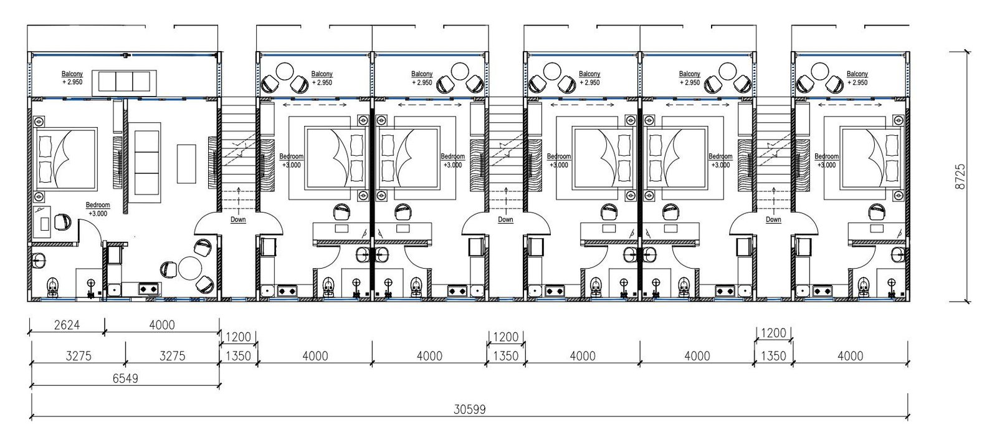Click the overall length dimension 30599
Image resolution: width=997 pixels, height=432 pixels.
(x=470, y=410)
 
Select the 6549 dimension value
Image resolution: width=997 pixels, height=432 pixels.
(x=125, y=378)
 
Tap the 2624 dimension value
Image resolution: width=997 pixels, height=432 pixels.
(x=67, y=325)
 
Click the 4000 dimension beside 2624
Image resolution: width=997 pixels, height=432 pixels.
(x=162, y=325)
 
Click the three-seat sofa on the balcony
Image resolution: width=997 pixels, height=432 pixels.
(x=125, y=82)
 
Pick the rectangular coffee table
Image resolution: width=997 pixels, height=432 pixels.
(x=186, y=163)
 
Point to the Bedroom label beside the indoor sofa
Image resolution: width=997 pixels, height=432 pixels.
(x=98, y=205)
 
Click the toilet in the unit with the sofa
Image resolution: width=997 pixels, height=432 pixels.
(x=52, y=286)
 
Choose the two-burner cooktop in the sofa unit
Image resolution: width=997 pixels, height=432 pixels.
(x=149, y=289)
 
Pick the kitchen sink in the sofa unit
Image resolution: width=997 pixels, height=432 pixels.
(x=114, y=290)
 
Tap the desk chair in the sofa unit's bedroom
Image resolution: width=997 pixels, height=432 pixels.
(x=62, y=221)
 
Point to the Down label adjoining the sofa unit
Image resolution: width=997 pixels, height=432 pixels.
(x=238, y=219)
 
